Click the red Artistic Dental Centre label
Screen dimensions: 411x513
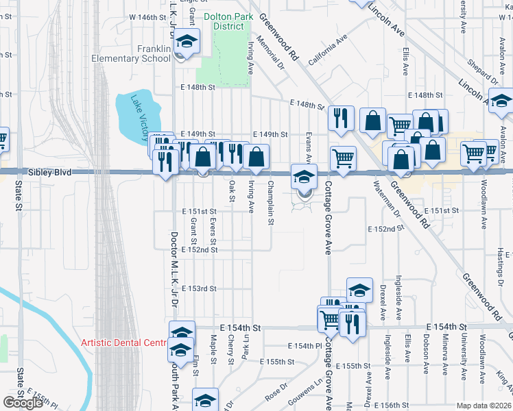point(123,342)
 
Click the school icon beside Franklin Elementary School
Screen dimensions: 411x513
point(187,43)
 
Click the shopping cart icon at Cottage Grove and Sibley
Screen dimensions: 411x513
point(342,160)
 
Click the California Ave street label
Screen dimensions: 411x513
point(326,52)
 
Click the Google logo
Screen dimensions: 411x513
point(23,403)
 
